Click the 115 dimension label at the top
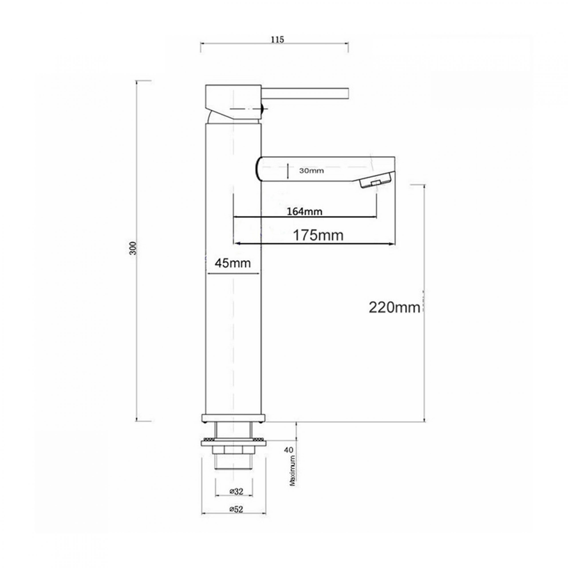278,40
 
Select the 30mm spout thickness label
312,171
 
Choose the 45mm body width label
233,263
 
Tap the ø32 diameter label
236,491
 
